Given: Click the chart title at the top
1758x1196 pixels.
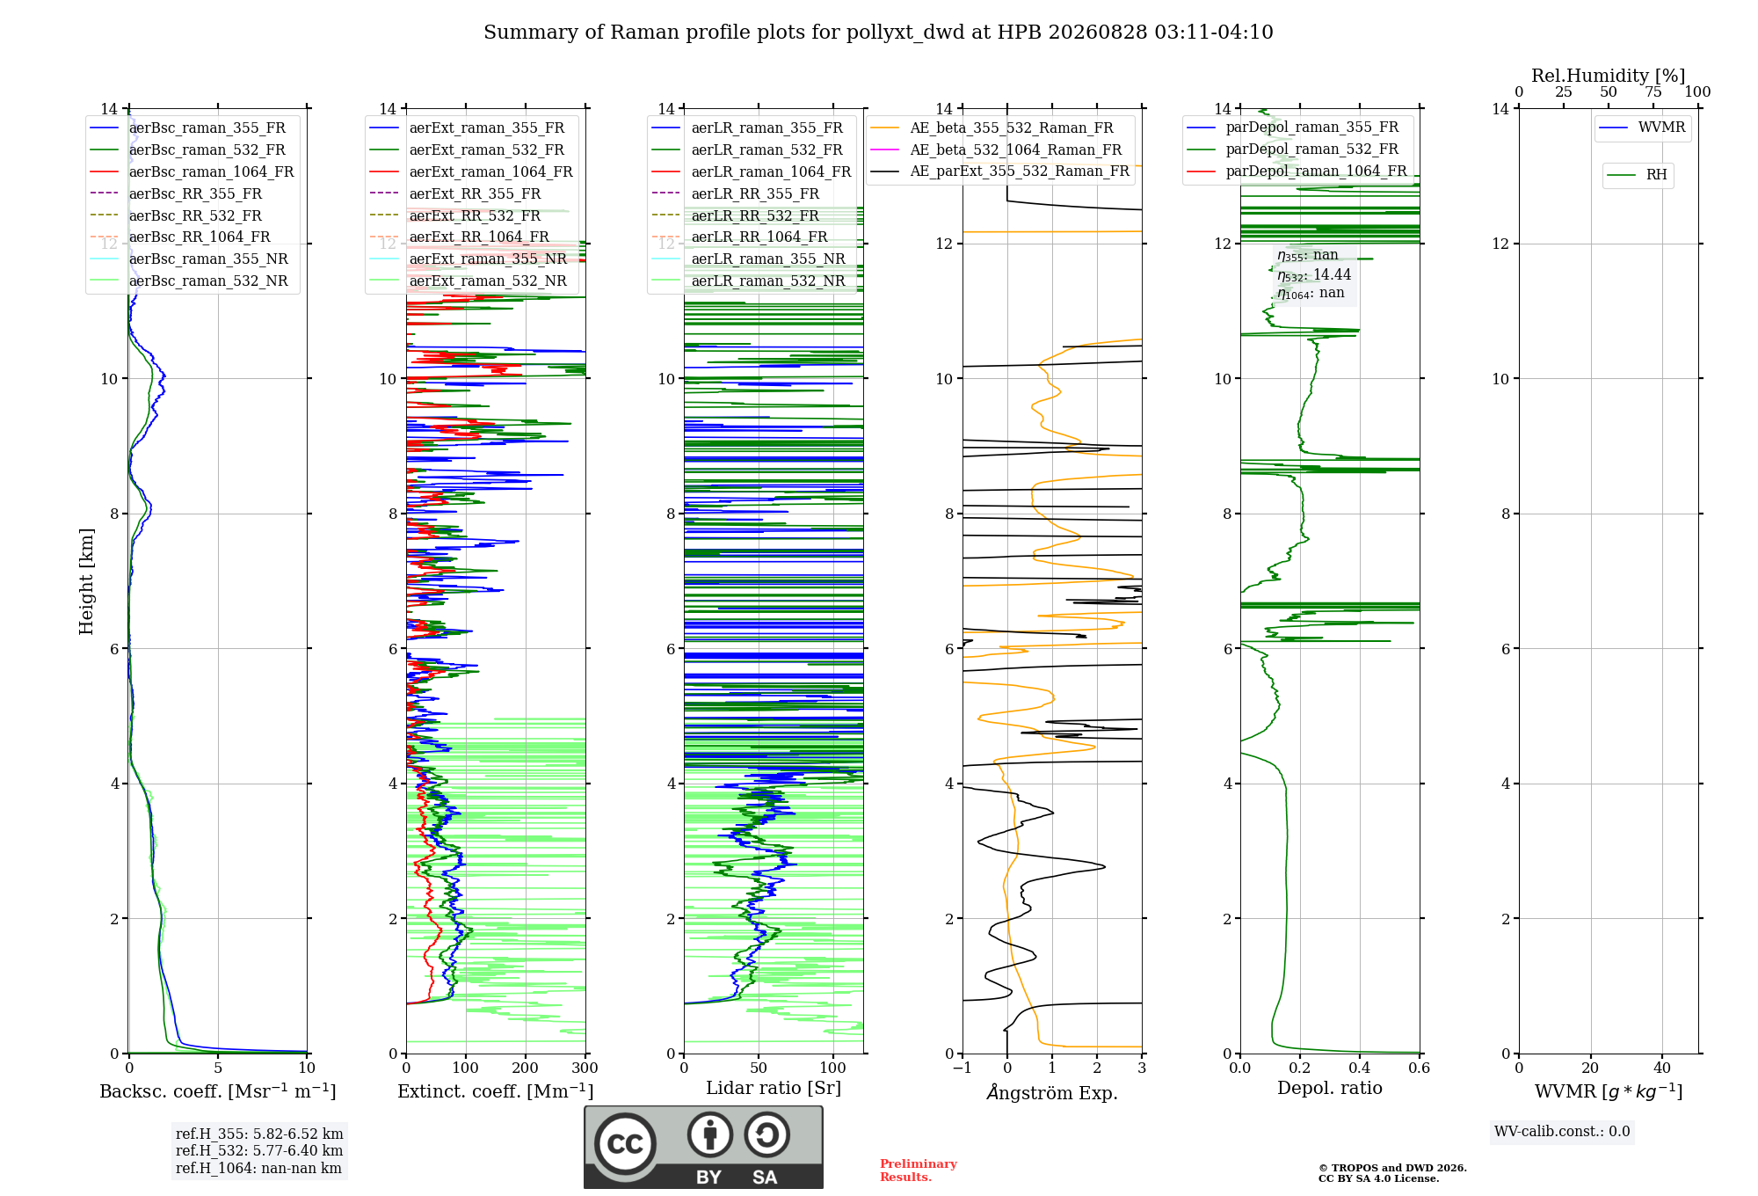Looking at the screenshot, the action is click(878, 33).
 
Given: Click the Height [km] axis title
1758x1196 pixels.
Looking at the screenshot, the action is click(86, 581).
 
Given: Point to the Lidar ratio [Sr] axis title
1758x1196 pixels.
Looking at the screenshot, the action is click(774, 1088).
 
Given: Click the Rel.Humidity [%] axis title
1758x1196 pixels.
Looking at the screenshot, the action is click(1609, 76).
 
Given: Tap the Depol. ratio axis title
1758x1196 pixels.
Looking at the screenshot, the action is click(1330, 1088).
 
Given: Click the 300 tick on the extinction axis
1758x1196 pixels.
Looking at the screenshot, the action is click(585, 1068).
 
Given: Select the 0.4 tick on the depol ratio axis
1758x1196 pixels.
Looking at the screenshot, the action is click(1360, 1068).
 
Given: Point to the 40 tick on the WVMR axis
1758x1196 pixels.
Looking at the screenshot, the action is click(1662, 1068).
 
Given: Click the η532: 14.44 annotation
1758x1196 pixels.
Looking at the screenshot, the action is click(1314, 275).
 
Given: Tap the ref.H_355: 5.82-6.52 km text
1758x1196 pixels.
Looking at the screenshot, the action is click(259, 1134).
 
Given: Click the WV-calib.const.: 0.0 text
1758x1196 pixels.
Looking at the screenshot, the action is click(1562, 1132).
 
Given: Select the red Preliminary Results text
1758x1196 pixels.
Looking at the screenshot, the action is click(919, 1170).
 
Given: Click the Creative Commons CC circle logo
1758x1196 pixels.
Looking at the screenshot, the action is click(625, 1144).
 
